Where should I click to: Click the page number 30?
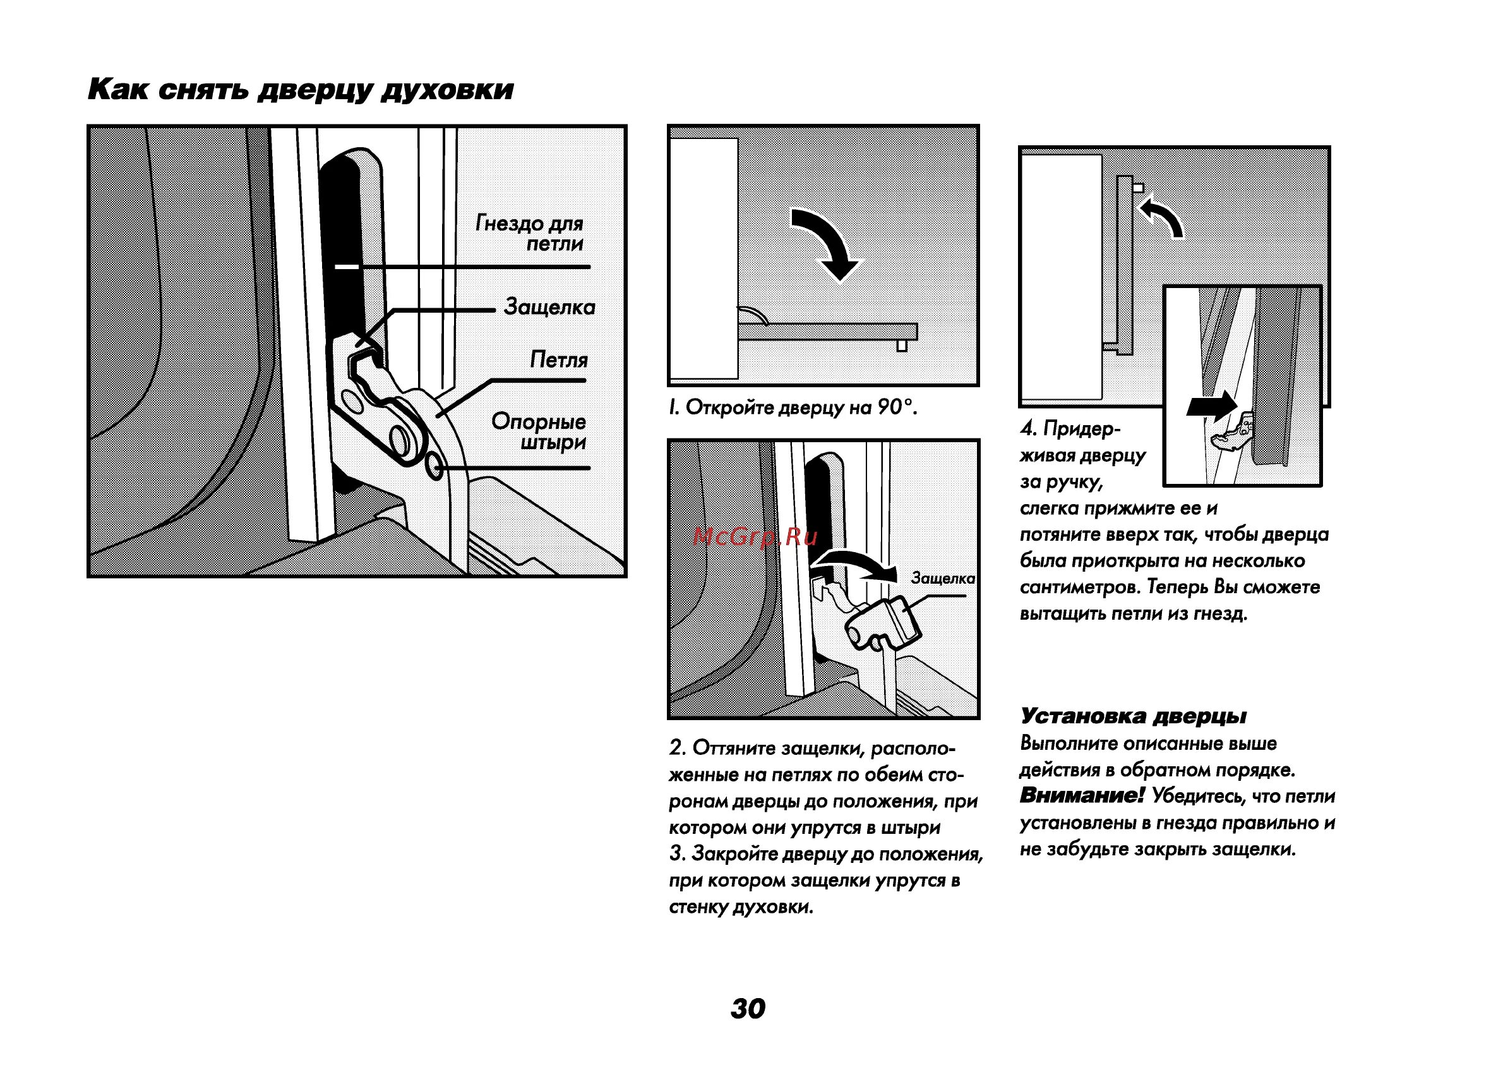coord(748,1008)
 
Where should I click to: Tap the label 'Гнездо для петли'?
coord(530,233)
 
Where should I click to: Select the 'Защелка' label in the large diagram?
coord(549,307)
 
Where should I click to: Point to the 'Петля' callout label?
coord(558,359)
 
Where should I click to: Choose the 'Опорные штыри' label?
coord(539,431)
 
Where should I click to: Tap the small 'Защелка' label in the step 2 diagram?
coord(942,578)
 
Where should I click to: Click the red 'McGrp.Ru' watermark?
coord(755,537)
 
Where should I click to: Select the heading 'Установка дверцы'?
coord(1133,716)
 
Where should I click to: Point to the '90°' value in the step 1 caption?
coord(895,407)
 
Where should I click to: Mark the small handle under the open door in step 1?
coord(902,346)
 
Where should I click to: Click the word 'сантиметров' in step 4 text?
coord(1080,587)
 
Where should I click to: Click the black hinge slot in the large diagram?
coord(340,244)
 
